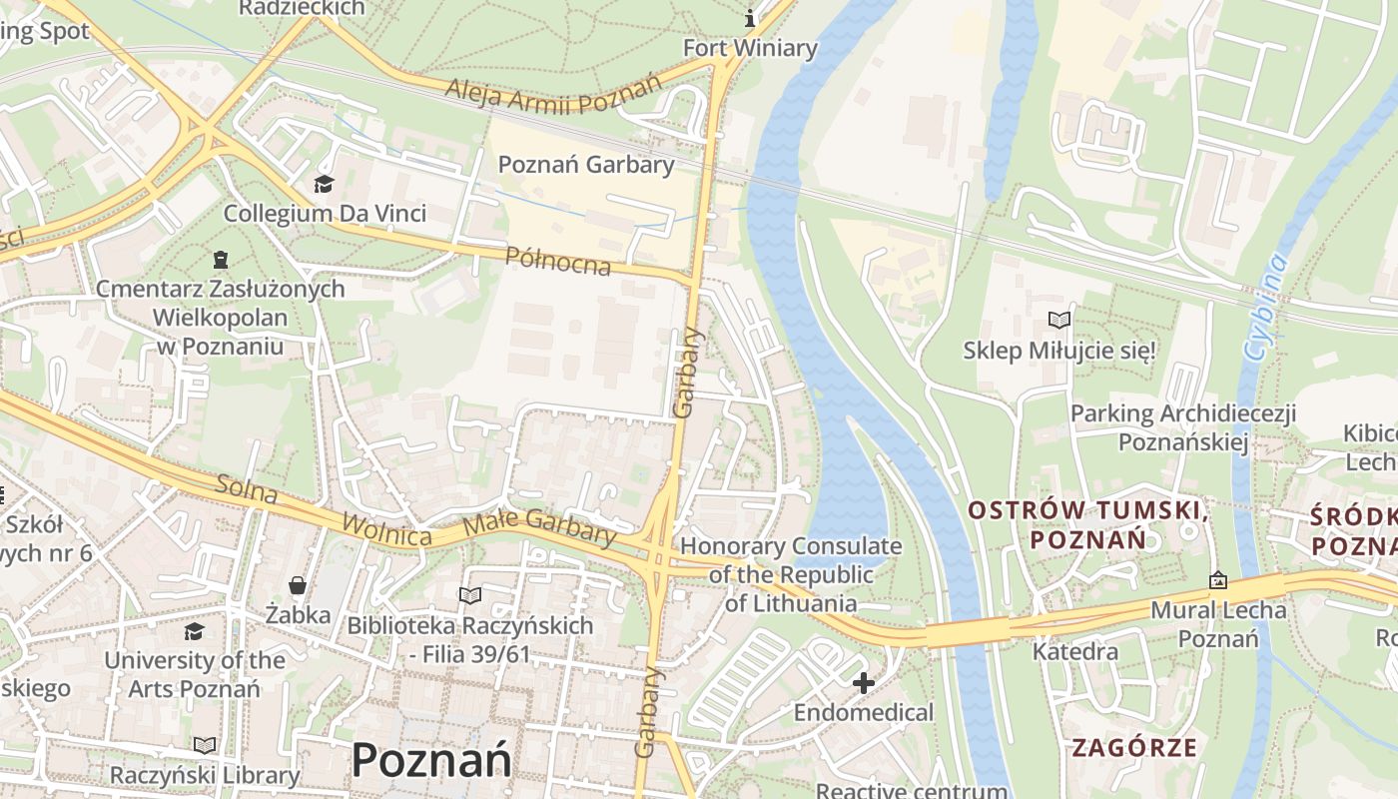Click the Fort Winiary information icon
click(x=750, y=18)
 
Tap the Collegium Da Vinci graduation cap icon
click(x=324, y=184)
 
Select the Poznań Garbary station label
click(x=586, y=165)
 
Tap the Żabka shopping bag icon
click(x=297, y=584)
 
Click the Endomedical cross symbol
click(x=864, y=683)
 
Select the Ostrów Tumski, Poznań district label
click(x=1088, y=525)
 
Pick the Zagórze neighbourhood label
click(x=1134, y=747)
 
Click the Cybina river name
click(x=1265, y=308)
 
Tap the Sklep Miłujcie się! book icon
click(x=1058, y=321)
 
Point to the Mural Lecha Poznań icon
click(x=1218, y=580)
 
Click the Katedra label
click(x=1074, y=652)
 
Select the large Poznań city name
click(x=431, y=761)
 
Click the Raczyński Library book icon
click(x=205, y=745)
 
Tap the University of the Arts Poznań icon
click(x=195, y=631)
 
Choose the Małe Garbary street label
click(x=539, y=526)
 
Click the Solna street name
click(x=246, y=490)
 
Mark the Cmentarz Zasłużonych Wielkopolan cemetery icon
click(x=220, y=260)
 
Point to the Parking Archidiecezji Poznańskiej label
click(x=1183, y=427)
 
